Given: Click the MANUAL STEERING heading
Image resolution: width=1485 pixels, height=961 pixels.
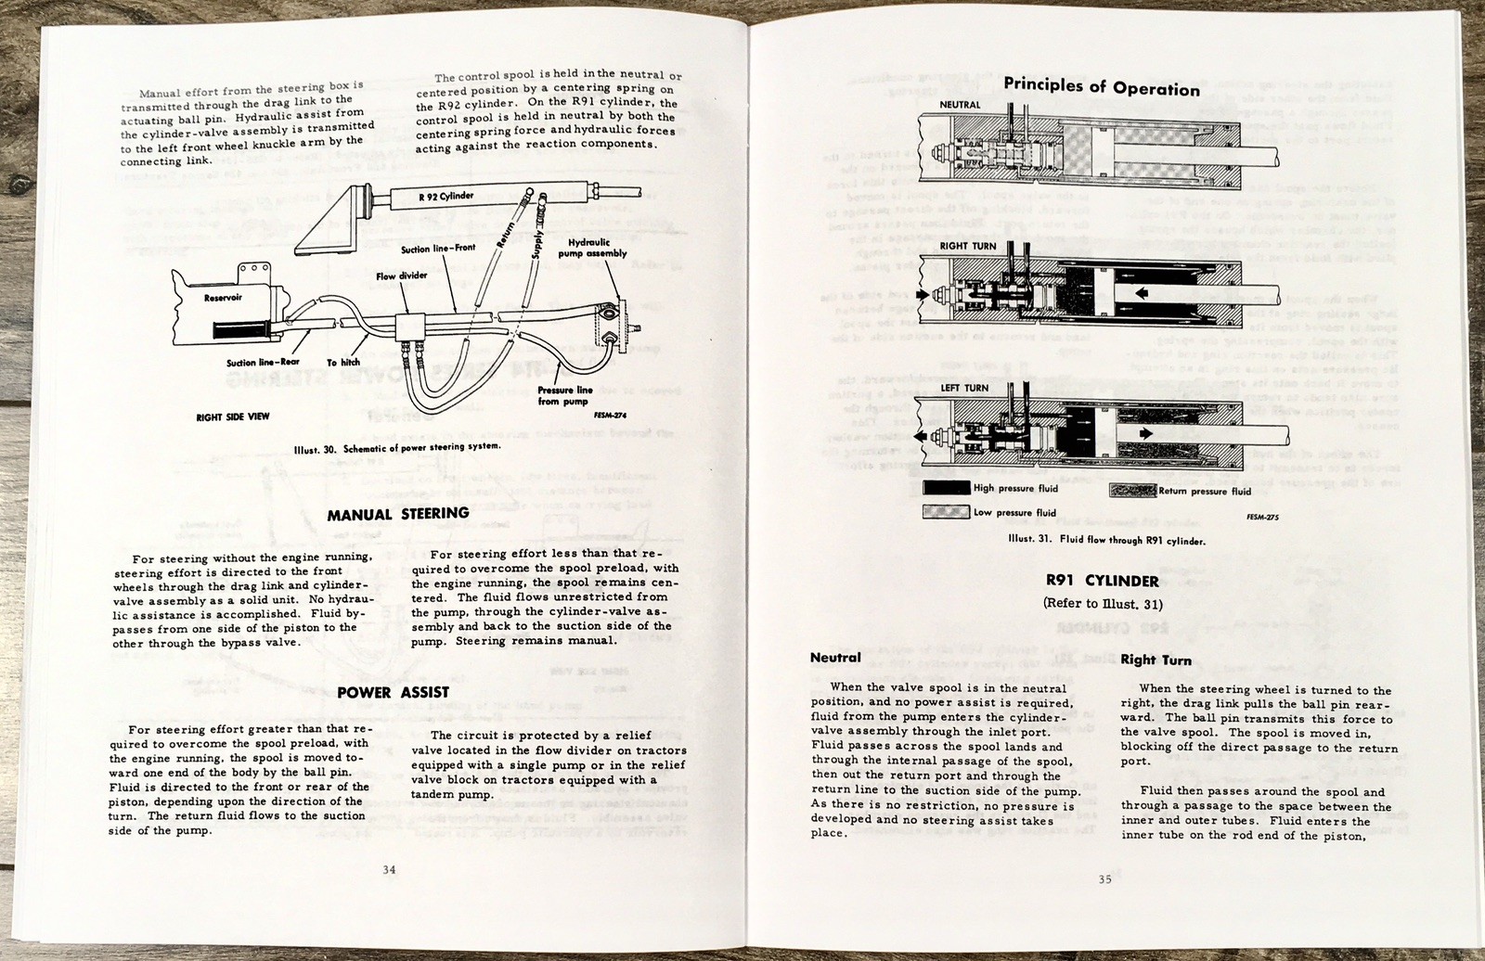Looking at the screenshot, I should coord(398,513).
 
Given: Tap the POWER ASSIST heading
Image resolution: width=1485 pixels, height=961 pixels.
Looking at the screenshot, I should coord(393,692).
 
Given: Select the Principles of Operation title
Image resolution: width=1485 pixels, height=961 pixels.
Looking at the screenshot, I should coord(1102,87).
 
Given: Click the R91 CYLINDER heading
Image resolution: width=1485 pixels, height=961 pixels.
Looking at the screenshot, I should coord(1101,582).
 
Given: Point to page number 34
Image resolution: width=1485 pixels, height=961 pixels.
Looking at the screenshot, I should coord(390,869).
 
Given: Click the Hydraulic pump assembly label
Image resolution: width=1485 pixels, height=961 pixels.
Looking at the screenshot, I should coord(597,247).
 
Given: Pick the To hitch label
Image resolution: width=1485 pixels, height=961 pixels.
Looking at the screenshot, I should coord(343,363).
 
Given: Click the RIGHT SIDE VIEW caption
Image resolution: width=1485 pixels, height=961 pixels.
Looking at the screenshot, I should coord(233,416).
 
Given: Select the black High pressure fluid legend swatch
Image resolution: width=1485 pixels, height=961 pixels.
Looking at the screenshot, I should coord(946,488).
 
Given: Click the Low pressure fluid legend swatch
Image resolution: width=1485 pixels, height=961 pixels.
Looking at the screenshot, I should coord(946,512).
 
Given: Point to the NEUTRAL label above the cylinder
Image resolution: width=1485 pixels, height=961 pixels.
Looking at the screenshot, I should coord(960,105).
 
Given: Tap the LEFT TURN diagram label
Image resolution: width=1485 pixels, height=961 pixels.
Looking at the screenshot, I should coord(964,388).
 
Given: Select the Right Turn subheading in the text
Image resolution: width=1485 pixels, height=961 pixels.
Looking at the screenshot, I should coord(1156,660).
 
